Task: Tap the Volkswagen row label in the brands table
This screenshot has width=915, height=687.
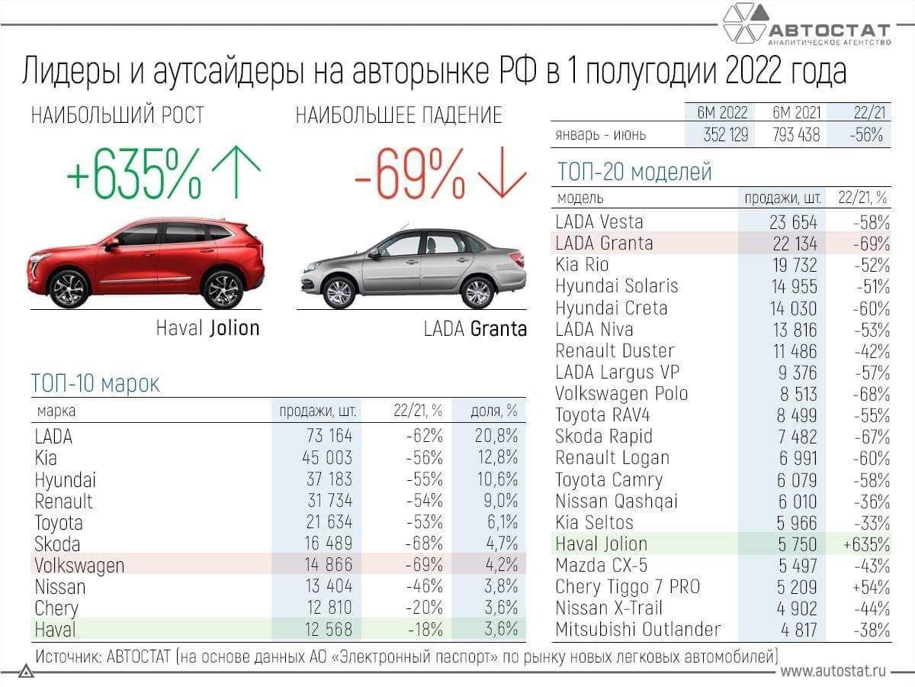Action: coord(79,566)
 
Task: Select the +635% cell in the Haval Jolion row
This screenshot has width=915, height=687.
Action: coord(867,544)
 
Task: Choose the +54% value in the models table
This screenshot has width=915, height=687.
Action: coord(872,587)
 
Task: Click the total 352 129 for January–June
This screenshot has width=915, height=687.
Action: coord(717,135)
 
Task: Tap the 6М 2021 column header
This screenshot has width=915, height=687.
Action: coord(796,112)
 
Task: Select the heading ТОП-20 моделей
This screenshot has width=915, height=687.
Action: coord(634,172)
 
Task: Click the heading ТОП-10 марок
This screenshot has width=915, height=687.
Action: coord(96,383)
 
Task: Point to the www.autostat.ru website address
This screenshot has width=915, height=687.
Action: coord(833,671)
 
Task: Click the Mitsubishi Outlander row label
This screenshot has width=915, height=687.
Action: coord(637,630)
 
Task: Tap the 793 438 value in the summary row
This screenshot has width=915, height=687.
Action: coord(795,135)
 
